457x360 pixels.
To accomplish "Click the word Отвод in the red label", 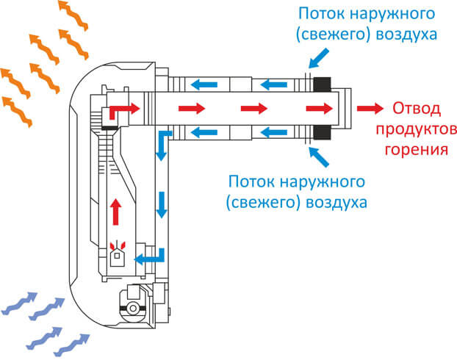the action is [416, 109].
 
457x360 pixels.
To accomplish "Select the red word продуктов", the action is [416, 129].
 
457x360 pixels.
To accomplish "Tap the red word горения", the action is [416, 149].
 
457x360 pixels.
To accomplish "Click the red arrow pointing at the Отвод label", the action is [370, 109].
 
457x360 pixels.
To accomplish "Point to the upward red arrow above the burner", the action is [115, 212].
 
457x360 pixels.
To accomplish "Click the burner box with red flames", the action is [117, 254].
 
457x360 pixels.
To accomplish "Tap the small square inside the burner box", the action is [117, 256].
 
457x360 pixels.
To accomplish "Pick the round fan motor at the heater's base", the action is [133, 308].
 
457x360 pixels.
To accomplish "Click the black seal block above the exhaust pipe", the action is [322, 84].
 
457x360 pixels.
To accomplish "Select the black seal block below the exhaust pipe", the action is [322, 133].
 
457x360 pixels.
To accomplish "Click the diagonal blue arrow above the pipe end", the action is [319, 59].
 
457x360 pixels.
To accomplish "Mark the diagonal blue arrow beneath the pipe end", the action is [319, 157].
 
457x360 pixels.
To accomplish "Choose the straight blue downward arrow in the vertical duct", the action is [161, 205].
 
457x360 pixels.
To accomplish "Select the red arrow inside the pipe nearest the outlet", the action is [319, 109].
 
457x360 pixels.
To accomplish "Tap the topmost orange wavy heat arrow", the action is [73, 15].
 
